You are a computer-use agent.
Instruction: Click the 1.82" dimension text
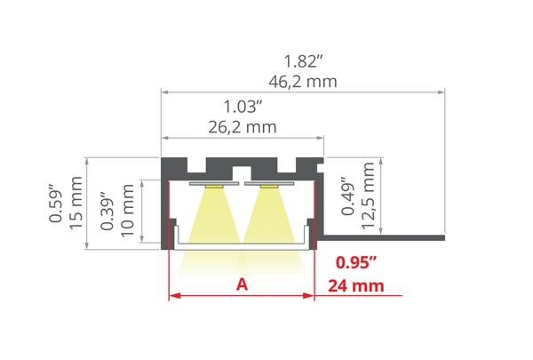click(302, 62)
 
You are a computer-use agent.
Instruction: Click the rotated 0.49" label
click(347, 197)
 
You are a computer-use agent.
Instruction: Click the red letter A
click(241, 284)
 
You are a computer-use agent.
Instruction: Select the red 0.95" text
click(356, 263)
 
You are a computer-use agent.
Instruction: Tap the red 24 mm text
click(356, 285)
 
